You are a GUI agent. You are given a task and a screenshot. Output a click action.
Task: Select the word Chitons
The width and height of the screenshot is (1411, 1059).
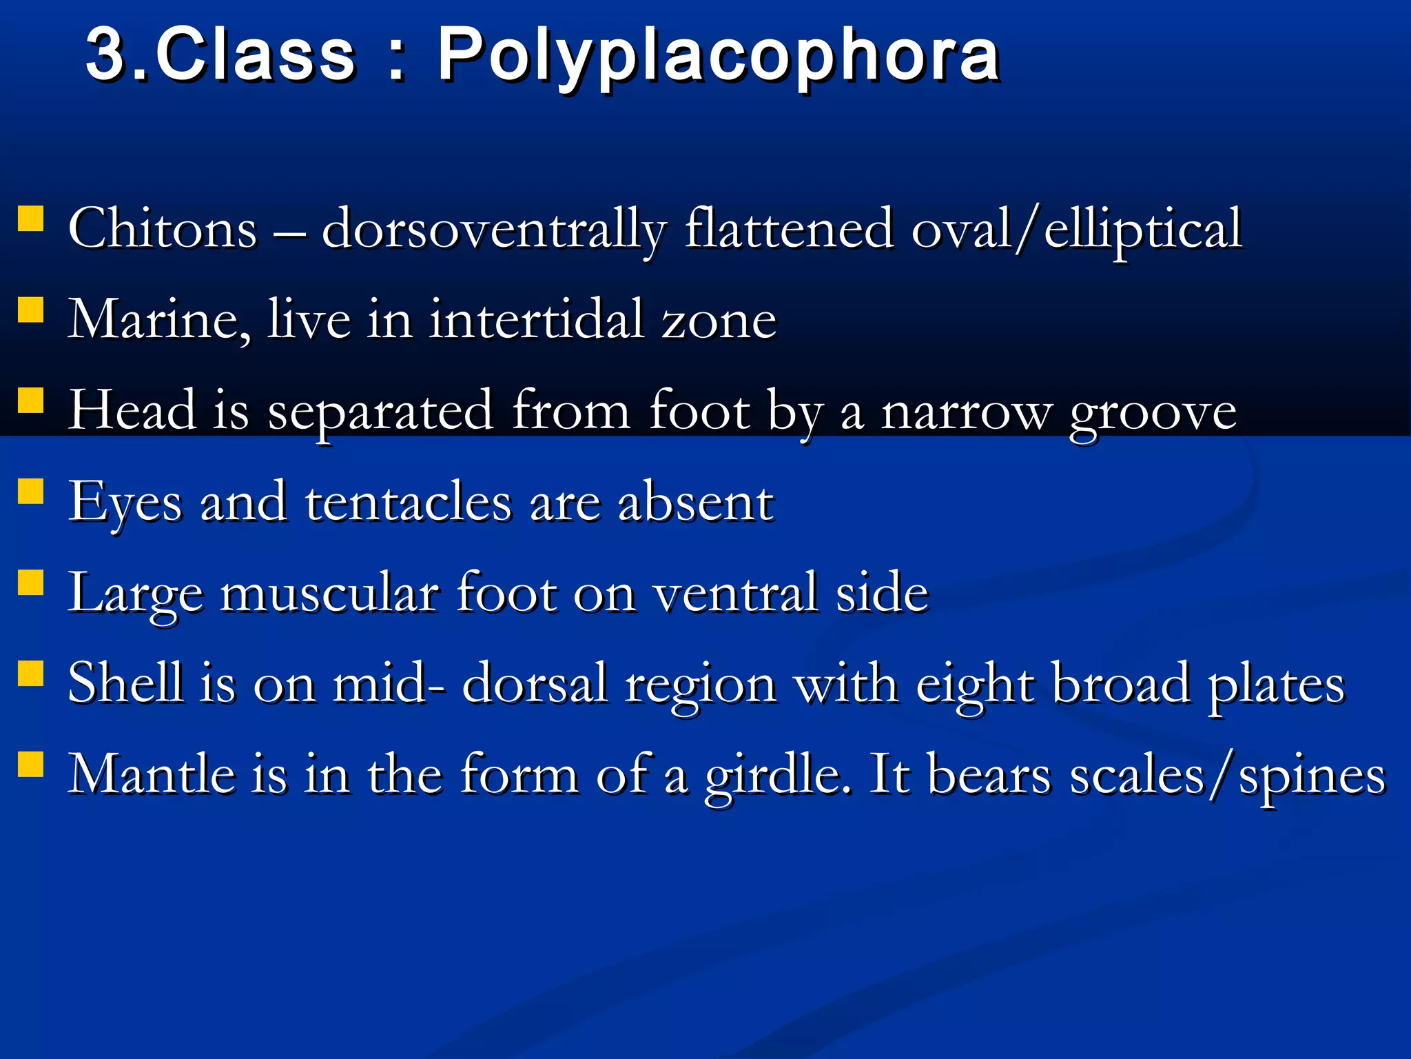click(163, 229)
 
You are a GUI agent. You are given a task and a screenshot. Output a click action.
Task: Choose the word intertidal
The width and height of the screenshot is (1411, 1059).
click(537, 320)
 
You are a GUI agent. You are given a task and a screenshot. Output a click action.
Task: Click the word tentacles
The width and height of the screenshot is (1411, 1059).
click(409, 502)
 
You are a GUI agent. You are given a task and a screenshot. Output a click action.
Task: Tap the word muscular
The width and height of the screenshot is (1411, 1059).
click(329, 593)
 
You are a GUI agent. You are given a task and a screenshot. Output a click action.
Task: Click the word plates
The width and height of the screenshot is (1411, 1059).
click(1276, 685)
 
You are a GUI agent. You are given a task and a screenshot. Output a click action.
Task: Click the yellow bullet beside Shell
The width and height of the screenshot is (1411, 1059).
click(30, 674)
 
